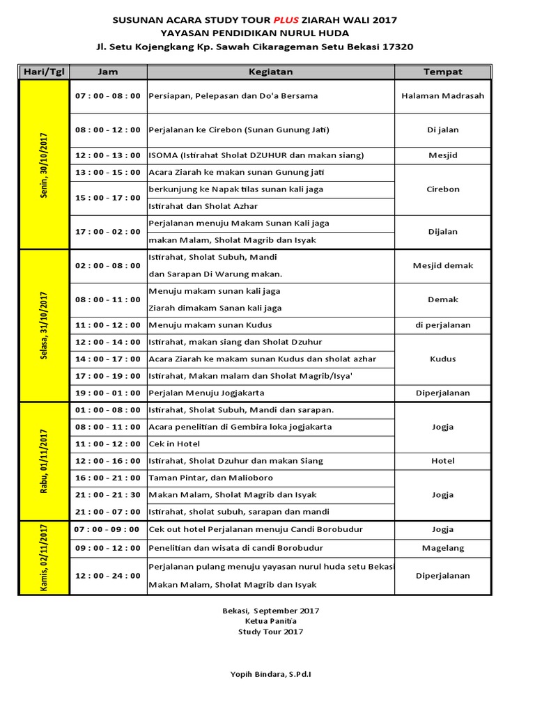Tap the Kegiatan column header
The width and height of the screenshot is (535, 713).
(270, 72)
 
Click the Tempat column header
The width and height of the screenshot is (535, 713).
(442, 72)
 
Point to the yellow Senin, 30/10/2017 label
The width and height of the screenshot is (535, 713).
(45, 165)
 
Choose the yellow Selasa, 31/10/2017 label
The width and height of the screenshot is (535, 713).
(45, 325)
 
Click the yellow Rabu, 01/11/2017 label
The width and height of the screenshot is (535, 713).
(45, 460)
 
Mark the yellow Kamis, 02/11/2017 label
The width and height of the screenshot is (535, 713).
(45, 558)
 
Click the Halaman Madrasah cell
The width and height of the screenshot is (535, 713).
(442, 96)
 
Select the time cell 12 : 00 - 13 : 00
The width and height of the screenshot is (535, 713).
(108, 155)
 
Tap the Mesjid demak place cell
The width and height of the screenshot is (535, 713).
(442, 265)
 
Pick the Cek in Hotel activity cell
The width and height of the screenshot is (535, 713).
(175, 444)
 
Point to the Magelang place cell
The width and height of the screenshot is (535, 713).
(442, 548)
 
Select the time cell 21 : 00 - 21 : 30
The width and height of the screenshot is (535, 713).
(108, 494)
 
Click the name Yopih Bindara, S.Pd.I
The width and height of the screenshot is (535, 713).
(270, 674)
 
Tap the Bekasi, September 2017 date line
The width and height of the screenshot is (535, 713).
(270, 611)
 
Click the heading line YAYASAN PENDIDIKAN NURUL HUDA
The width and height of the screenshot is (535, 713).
(255, 33)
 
